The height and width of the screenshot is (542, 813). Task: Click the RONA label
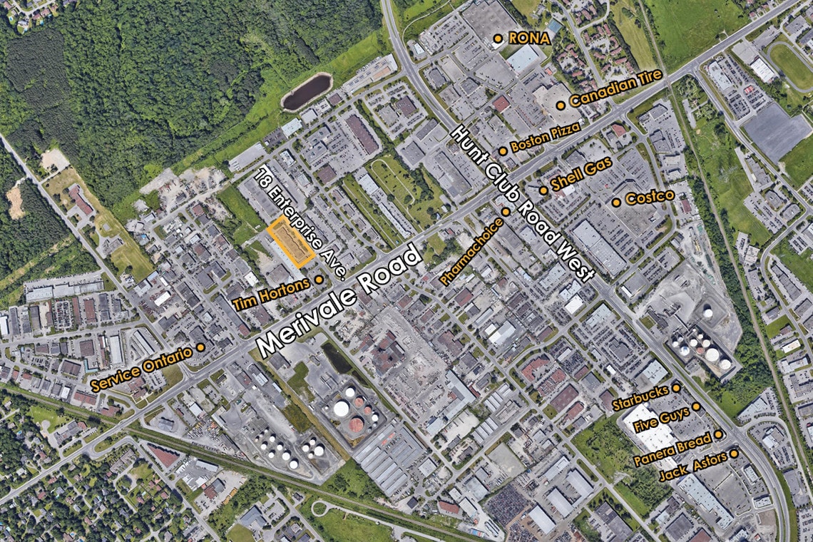tap(528, 38)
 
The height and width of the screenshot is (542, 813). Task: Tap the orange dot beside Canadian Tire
tap(561, 105)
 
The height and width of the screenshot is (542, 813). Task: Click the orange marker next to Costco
tap(616, 203)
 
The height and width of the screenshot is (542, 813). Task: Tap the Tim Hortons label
tap(271, 293)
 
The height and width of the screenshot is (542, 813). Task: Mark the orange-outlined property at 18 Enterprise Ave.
tap(291, 242)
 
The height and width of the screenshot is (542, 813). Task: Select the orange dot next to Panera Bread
tap(719, 434)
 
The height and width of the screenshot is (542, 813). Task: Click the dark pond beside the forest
tap(307, 92)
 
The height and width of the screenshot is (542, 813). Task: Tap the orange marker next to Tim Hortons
tap(319, 280)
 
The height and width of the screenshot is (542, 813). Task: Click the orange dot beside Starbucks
tap(676, 387)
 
